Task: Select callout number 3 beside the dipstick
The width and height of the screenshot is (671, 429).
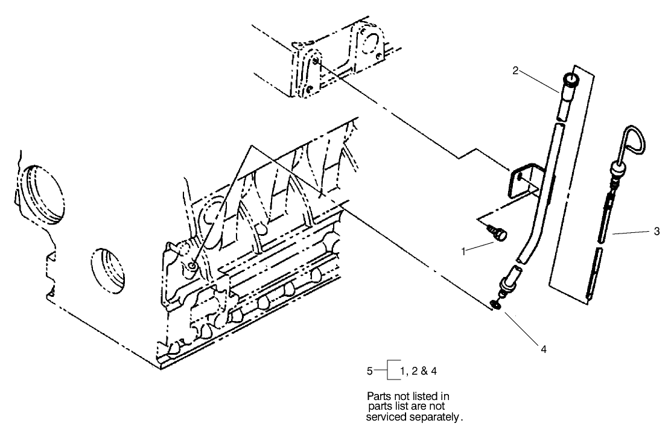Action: [656, 231]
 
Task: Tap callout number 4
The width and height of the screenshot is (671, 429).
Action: [544, 348]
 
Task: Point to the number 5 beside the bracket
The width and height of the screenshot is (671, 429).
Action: [370, 371]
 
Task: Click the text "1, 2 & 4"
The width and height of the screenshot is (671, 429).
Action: [418, 371]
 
